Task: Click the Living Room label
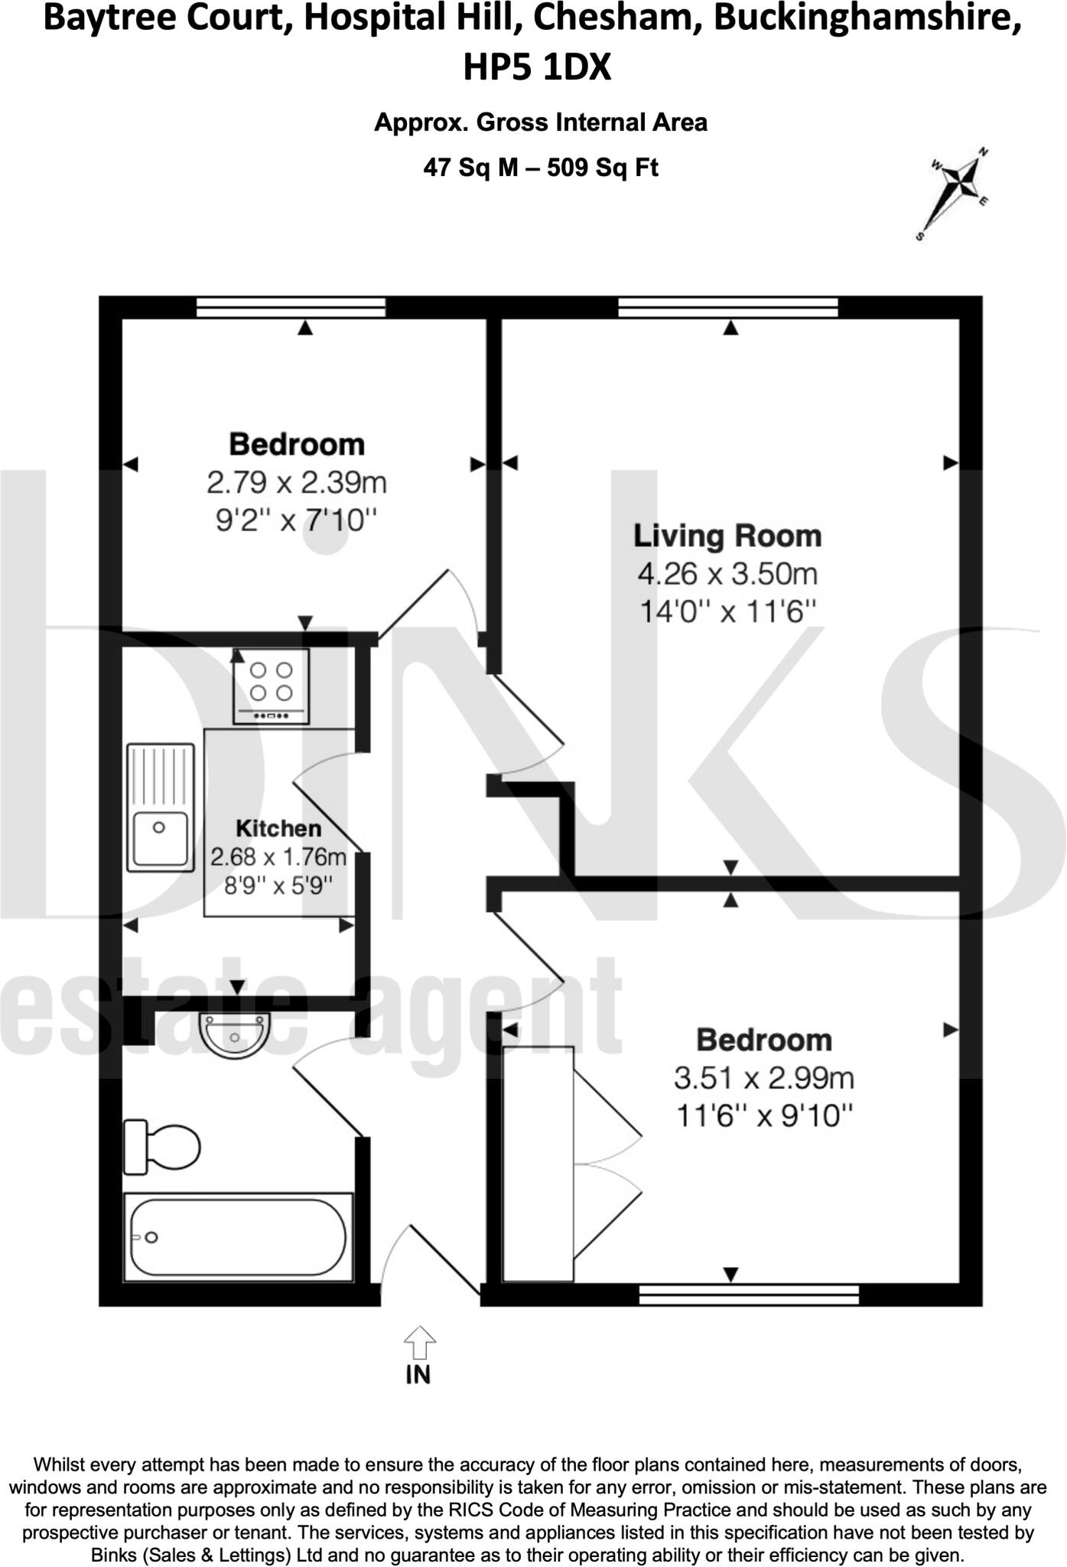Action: pyautogui.click(x=727, y=536)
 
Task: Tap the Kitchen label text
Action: pyautogui.click(x=278, y=828)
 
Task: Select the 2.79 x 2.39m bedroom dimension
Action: pyautogui.click(x=297, y=483)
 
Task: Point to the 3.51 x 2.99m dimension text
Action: pyautogui.click(x=764, y=1078)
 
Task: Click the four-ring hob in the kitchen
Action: pyautogui.click(x=272, y=685)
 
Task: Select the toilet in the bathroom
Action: pyautogui.click(x=161, y=1146)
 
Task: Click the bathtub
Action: pyautogui.click(x=238, y=1236)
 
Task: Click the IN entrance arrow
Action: pyautogui.click(x=419, y=1344)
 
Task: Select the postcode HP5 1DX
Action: pyautogui.click(x=537, y=67)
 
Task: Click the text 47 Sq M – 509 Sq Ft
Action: pyautogui.click(x=541, y=167)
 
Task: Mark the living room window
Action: pyautogui.click(x=728, y=308)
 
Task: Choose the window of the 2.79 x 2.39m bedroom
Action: pyautogui.click(x=291, y=308)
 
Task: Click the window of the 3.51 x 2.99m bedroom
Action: pyautogui.click(x=749, y=1294)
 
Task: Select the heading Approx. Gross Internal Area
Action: pyautogui.click(x=541, y=122)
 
